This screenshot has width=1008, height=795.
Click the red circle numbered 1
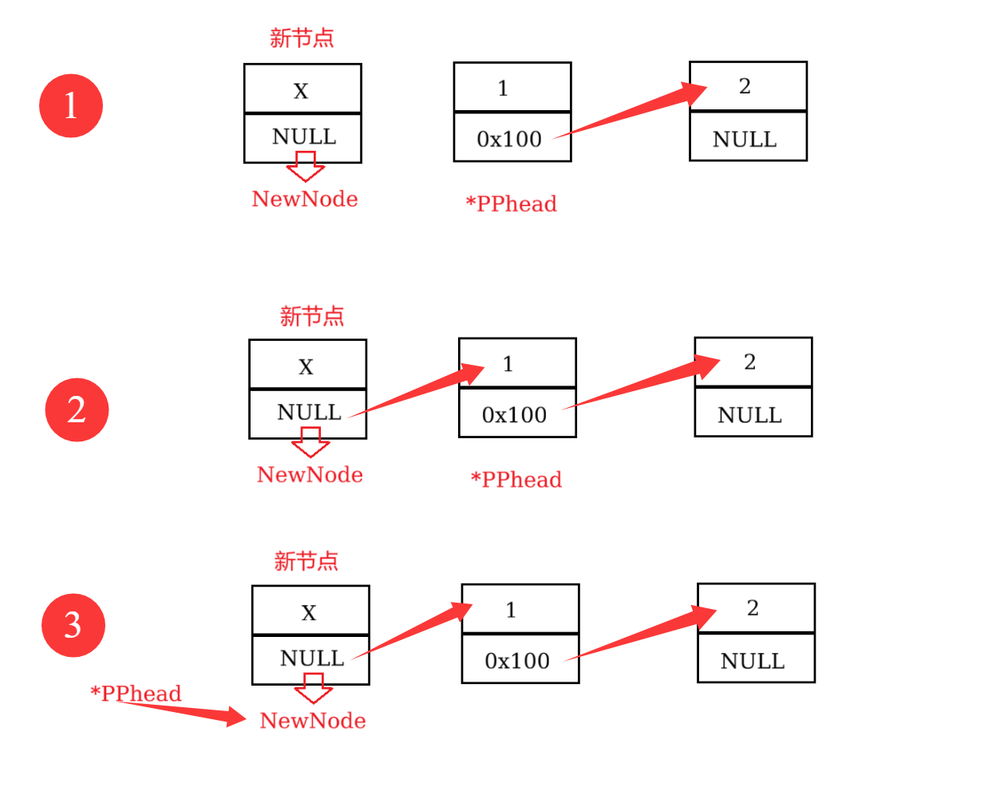[x=71, y=105]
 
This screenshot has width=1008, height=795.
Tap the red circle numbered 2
[x=77, y=409]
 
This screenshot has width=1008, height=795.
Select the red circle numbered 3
[x=73, y=625]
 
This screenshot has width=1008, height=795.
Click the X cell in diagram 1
[x=302, y=89]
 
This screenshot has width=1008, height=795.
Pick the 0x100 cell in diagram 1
[x=512, y=137]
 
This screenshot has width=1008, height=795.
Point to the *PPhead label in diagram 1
[x=511, y=204]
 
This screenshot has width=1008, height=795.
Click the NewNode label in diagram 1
[x=305, y=199]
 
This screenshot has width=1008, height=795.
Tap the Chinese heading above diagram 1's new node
[x=302, y=38]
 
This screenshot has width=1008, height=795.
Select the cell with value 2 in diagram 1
[x=748, y=86]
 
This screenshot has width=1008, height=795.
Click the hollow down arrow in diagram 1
[x=306, y=167]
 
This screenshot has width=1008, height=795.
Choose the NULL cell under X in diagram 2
[x=307, y=413]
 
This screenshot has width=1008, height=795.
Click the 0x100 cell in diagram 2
[x=516, y=413]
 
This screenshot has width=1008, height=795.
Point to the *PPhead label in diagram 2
[x=516, y=479]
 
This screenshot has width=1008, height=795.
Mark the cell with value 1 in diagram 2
[x=517, y=363]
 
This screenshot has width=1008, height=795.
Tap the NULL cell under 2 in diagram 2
[x=753, y=413]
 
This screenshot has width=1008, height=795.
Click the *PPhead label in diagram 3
[x=136, y=693]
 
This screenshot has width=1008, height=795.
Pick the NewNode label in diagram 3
[x=313, y=720]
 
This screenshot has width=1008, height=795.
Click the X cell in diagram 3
[x=310, y=611]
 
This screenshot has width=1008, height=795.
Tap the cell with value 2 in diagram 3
[x=756, y=608]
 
